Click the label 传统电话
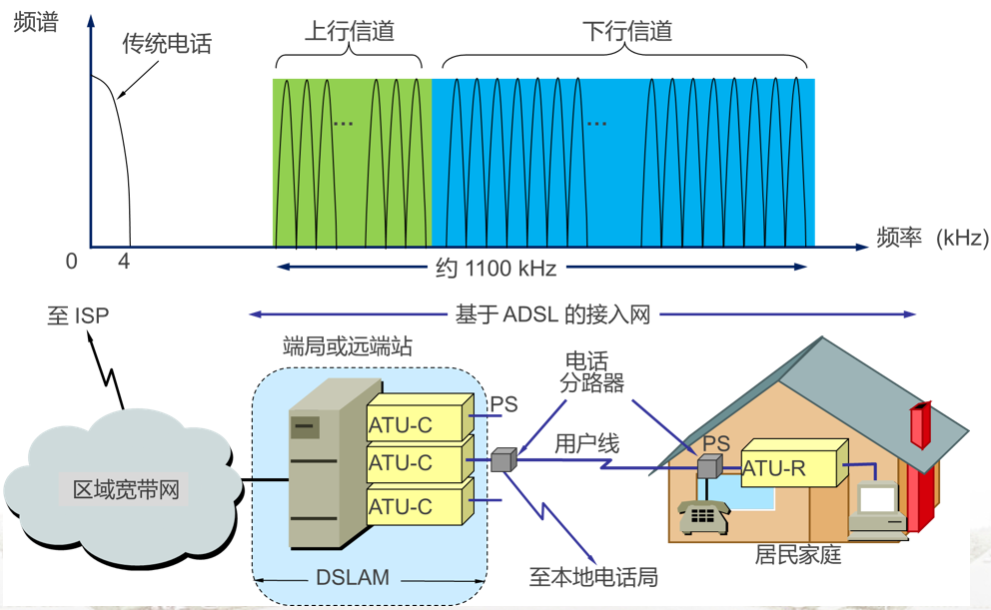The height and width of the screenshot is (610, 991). (167, 44)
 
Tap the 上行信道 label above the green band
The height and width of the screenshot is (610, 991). (350, 31)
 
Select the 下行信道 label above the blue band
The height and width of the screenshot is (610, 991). (627, 31)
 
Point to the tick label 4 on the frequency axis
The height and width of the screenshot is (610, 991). (124, 263)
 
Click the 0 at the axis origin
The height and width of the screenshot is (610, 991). (71, 263)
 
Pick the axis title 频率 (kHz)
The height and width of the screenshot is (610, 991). (931, 238)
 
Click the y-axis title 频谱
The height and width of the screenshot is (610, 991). (36, 22)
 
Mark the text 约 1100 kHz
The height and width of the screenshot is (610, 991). (496, 268)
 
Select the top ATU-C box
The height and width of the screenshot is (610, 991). (416, 422)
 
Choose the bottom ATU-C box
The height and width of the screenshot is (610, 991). (416, 505)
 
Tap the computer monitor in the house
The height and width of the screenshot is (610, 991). (879, 499)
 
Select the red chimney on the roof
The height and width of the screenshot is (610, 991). (919, 427)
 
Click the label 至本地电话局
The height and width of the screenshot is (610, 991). (593, 577)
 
